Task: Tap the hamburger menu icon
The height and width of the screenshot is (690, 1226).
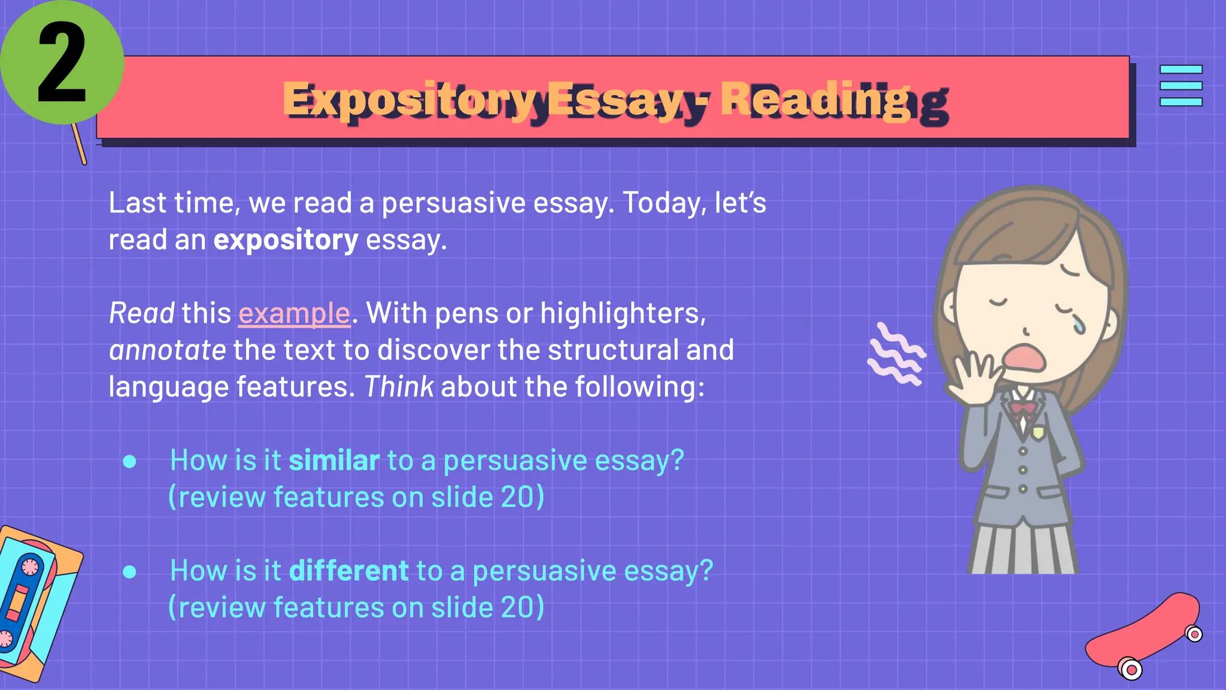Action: click(x=1181, y=86)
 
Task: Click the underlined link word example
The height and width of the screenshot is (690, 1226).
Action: click(x=294, y=313)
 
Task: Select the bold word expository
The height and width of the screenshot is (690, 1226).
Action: click(x=286, y=240)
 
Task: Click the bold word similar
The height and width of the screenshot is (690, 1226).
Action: click(x=334, y=461)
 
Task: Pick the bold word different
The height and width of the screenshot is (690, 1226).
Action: click(x=349, y=571)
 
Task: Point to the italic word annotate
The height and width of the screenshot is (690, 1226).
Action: click(x=168, y=350)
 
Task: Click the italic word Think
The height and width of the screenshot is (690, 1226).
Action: click(x=399, y=387)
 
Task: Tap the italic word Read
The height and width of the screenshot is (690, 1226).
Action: click(x=141, y=313)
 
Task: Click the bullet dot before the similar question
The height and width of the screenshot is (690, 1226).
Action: click(x=129, y=461)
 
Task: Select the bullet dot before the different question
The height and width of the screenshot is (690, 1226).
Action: click(x=129, y=571)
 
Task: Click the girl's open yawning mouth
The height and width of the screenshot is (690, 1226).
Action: click(x=1025, y=358)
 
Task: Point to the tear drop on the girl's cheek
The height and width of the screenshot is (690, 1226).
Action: click(x=1078, y=325)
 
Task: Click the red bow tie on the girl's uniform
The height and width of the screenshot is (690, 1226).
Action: click(x=1023, y=408)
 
